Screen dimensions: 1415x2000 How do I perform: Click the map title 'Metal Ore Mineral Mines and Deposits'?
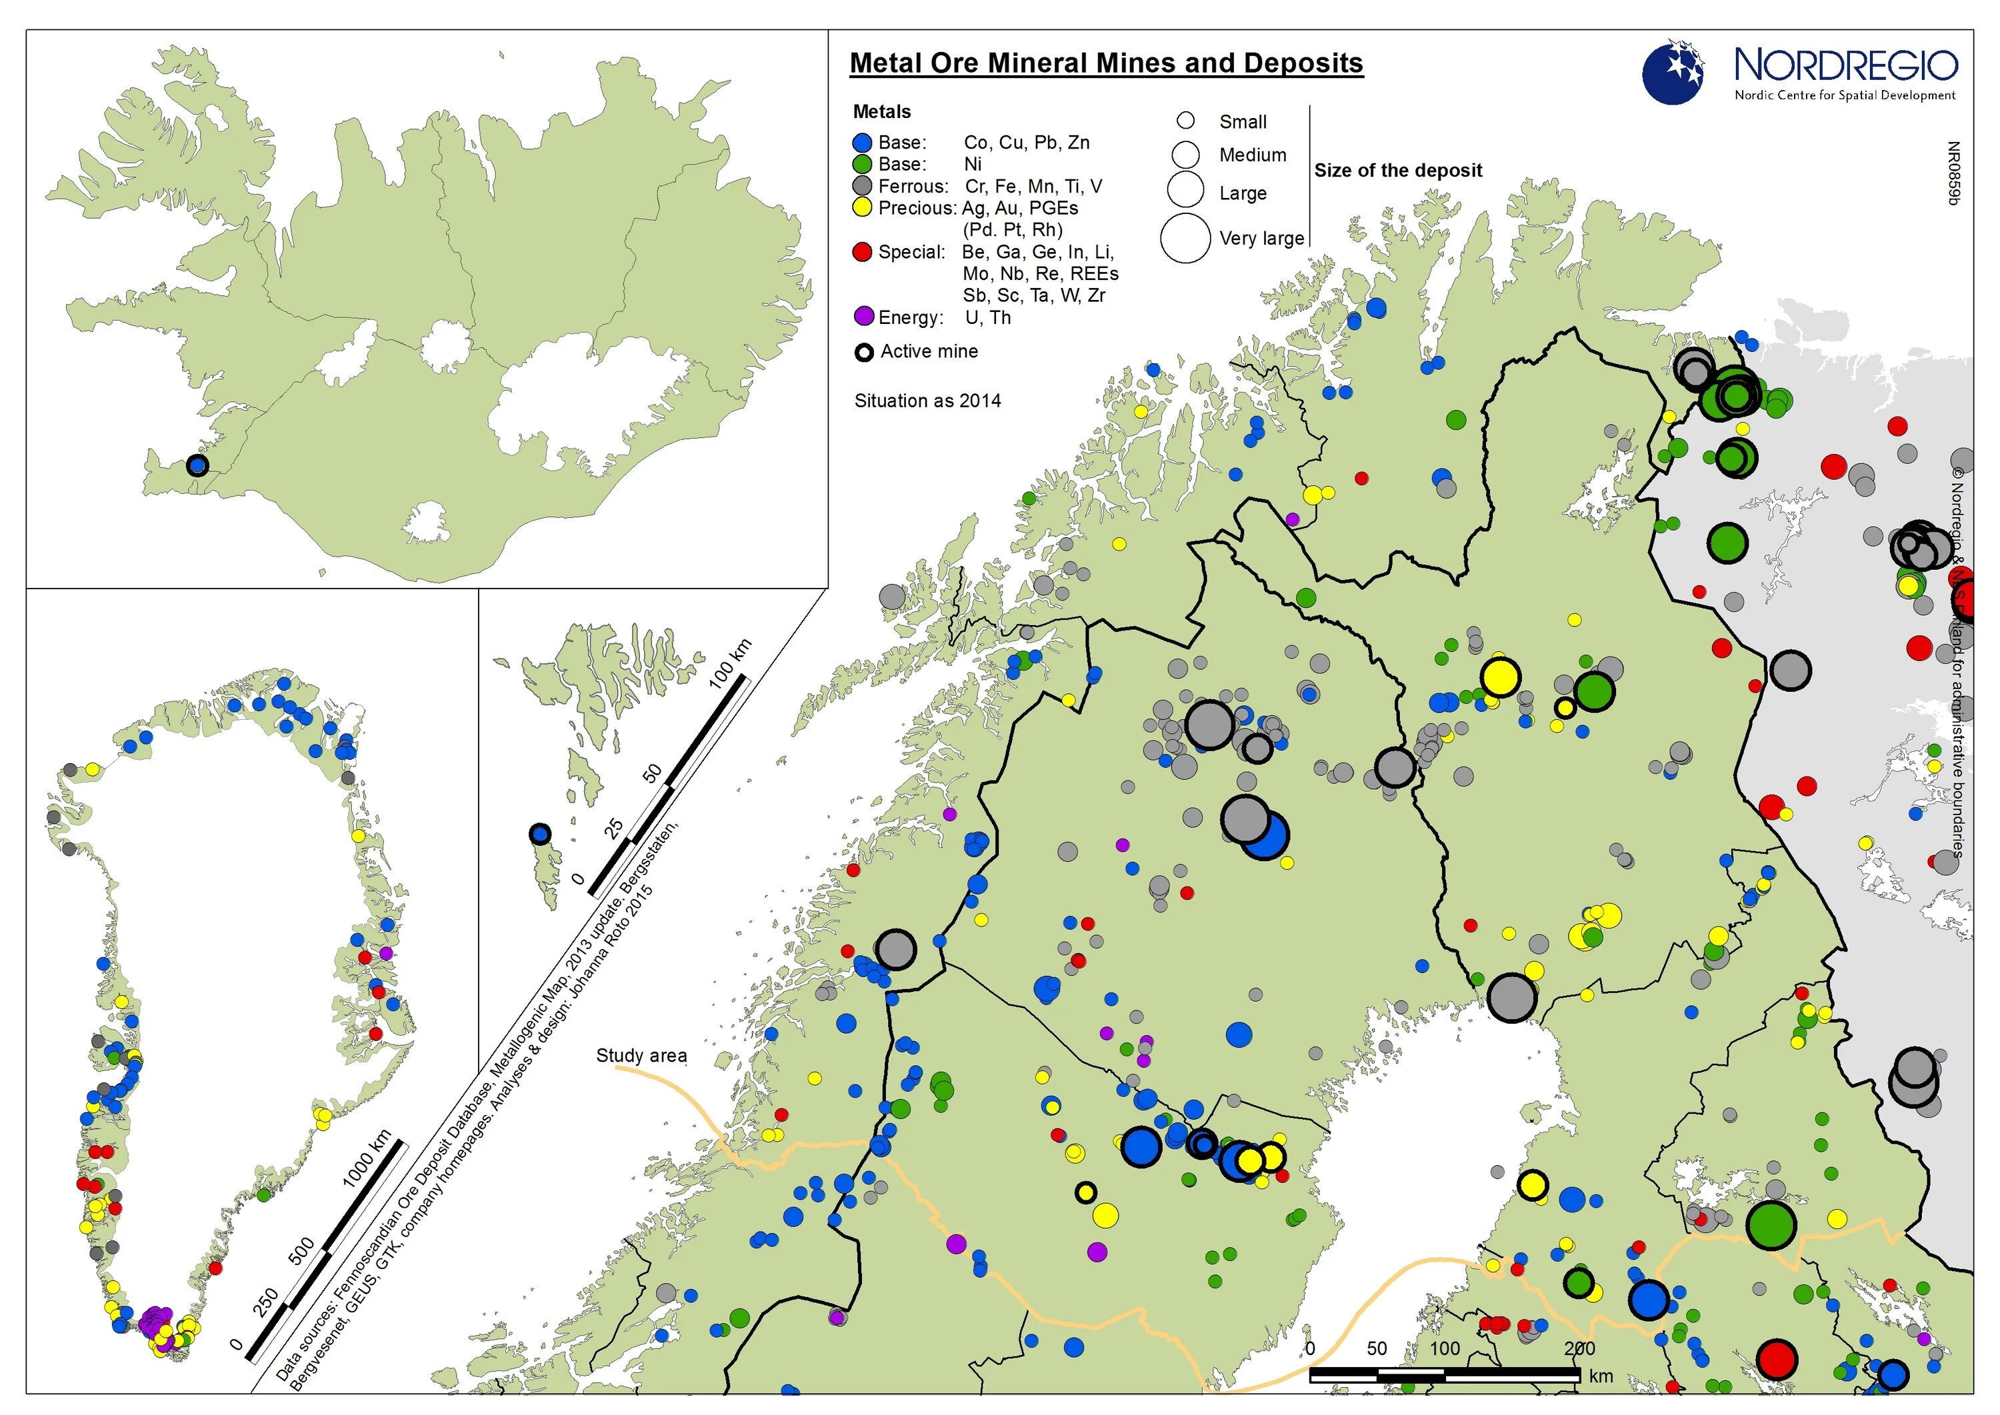point(1106,63)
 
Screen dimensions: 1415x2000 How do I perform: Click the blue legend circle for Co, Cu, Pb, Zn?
point(862,143)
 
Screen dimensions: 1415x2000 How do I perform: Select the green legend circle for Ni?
point(862,165)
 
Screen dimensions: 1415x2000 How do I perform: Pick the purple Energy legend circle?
point(863,317)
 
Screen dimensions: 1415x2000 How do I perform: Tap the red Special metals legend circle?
point(862,252)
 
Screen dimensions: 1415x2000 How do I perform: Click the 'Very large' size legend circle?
point(1185,238)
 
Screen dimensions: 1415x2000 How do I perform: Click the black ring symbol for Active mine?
point(863,353)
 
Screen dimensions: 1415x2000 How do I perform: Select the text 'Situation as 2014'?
point(927,401)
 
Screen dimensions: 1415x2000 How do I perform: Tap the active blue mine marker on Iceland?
point(198,465)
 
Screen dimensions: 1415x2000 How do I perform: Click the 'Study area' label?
point(641,1056)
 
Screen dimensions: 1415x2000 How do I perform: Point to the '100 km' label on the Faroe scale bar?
point(729,664)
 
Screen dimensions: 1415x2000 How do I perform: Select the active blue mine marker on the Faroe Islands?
point(540,834)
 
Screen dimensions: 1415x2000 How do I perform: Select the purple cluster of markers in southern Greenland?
point(155,1321)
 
